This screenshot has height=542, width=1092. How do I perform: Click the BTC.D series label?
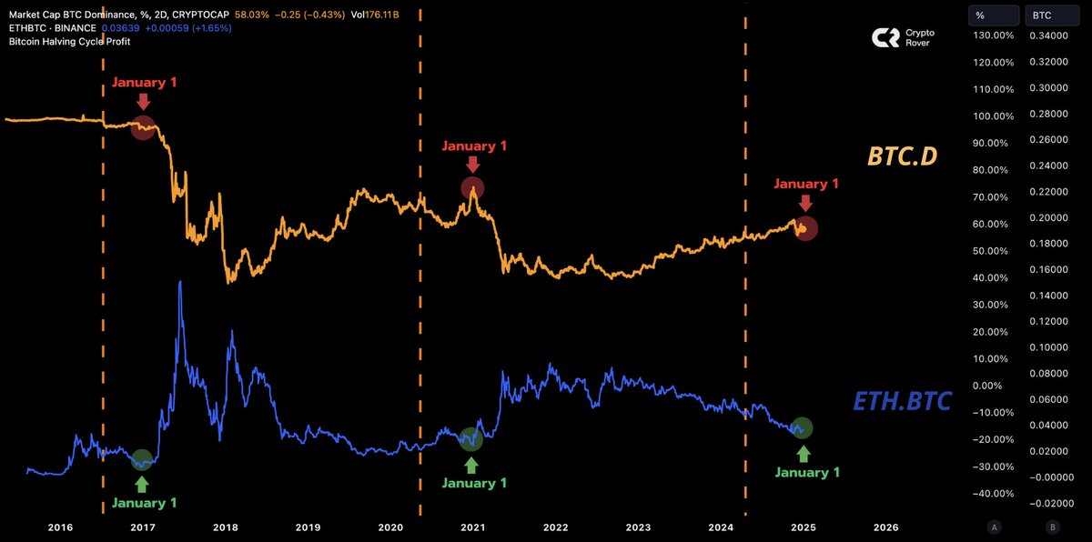click(902, 157)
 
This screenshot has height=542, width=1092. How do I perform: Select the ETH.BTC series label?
click(902, 400)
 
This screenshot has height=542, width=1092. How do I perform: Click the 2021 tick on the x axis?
click(473, 527)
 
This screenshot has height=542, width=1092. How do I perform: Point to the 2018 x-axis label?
click(226, 527)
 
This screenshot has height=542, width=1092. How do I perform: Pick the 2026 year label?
click(885, 527)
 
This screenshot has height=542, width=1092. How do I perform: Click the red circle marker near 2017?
click(143, 127)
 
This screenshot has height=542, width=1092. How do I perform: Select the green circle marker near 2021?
click(470, 439)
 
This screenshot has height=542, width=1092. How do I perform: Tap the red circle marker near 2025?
click(805, 228)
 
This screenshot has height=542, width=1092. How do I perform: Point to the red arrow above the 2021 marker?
click(471, 164)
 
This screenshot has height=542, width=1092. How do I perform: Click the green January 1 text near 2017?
click(144, 502)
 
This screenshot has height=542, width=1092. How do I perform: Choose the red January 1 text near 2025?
click(805, 183)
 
